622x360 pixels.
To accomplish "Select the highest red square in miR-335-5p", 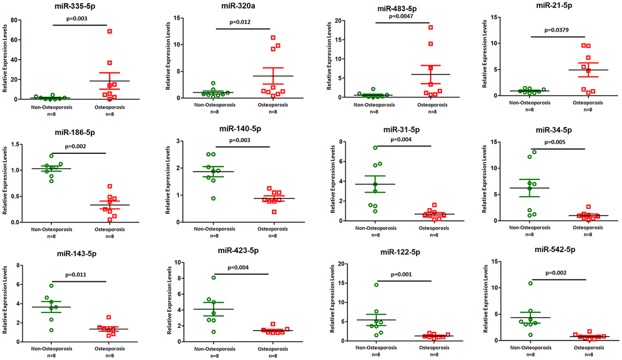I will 110,31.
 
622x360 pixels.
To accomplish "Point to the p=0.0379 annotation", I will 557,31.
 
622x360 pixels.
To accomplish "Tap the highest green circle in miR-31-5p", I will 375,148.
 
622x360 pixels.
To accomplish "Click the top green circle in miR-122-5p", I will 376,285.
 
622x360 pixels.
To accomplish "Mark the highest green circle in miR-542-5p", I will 531,283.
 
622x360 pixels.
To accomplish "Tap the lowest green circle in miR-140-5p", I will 213,198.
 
